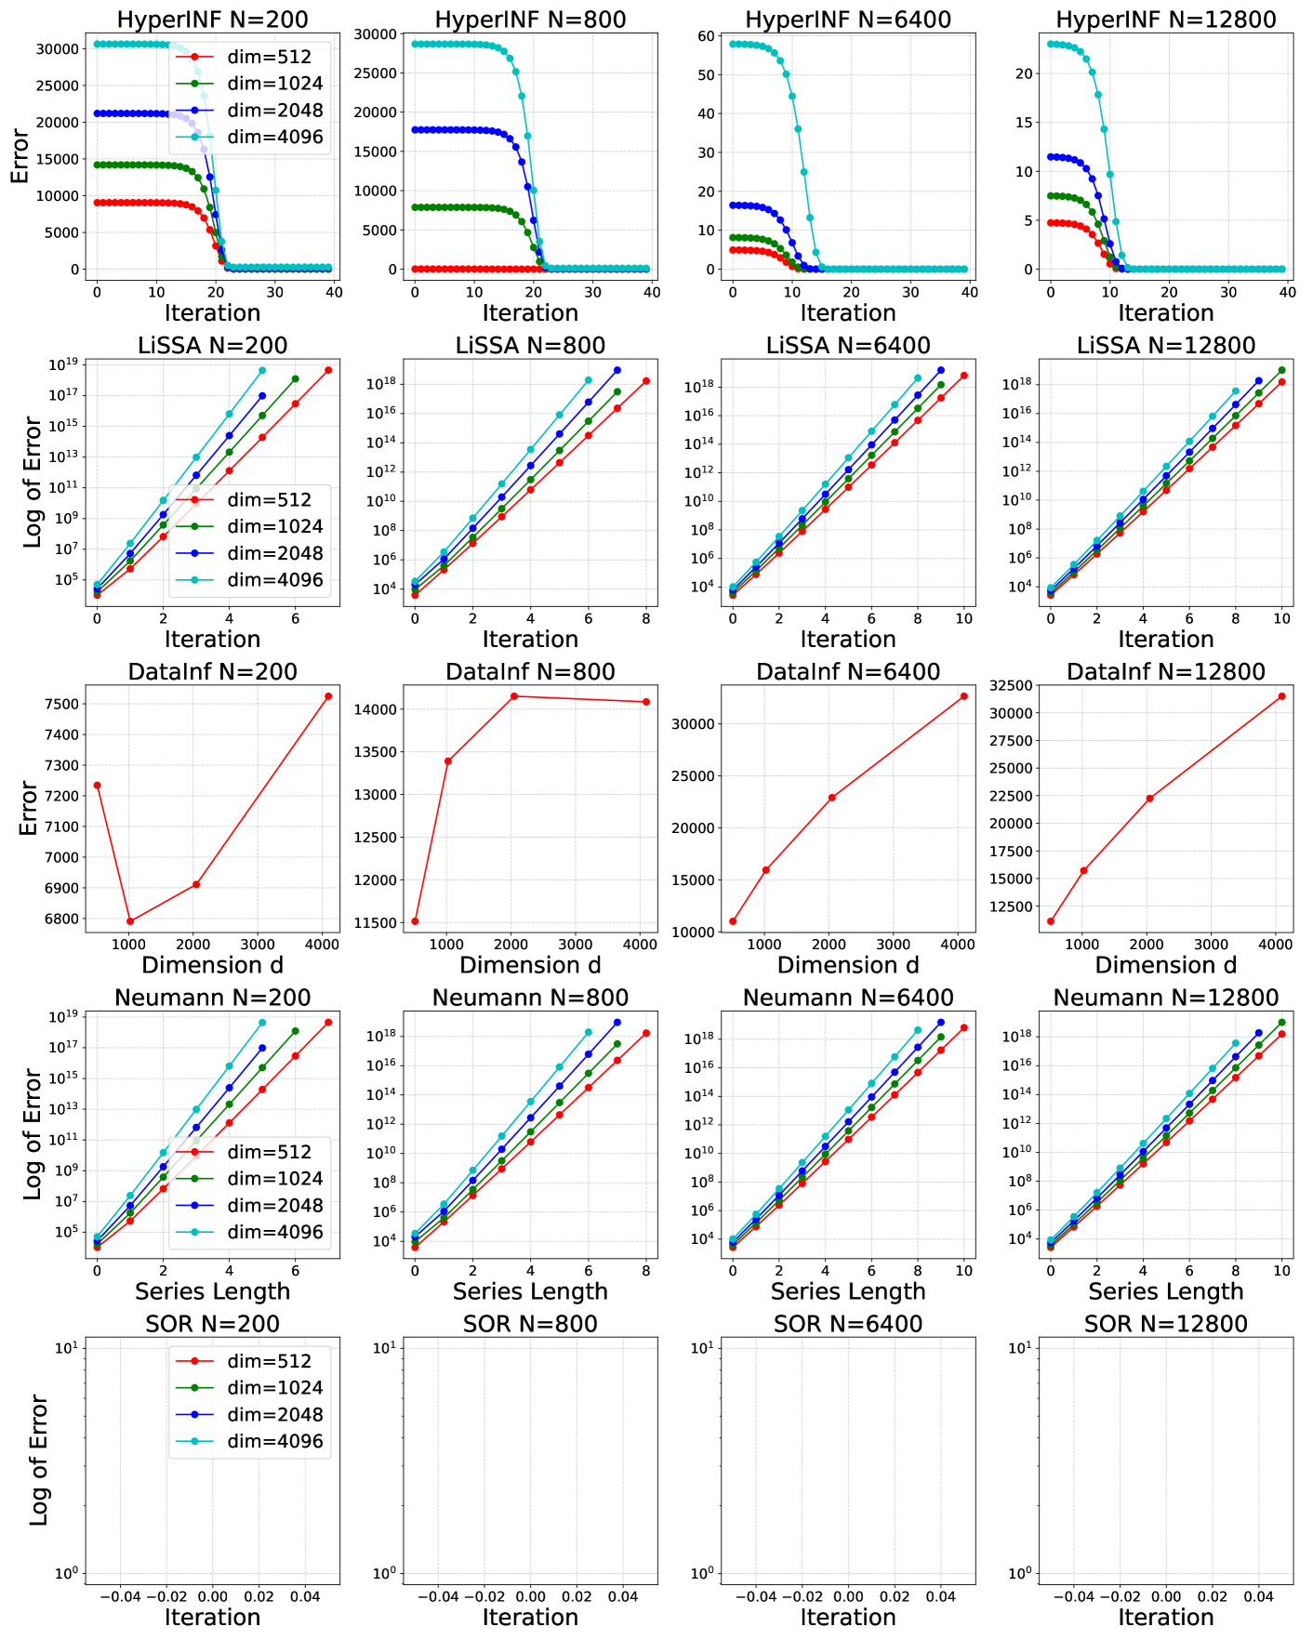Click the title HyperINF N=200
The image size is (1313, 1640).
coord(212,20)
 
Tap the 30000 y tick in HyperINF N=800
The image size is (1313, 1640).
coord(377,34)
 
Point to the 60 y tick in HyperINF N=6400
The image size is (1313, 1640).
coord(706,36)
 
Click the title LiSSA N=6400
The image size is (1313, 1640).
coord(848,346)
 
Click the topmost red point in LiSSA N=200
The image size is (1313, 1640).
coord(328,370)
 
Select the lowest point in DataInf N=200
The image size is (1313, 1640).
coord(130,921)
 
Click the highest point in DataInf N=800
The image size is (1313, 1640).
coord(513,696)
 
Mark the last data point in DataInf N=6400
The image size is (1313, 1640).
coord(964,696)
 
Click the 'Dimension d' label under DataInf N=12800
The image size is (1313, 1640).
coord(1166,965)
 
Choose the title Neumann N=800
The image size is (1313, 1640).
coord(530,998)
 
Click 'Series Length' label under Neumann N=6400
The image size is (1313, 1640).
coord(848,1291)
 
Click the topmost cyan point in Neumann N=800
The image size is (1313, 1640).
coord(588,1032)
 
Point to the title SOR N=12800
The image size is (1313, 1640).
coord(1166,1324)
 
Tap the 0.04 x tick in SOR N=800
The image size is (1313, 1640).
coord(623,1596)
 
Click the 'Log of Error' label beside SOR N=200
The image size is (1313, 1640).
coord(38,1460)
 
